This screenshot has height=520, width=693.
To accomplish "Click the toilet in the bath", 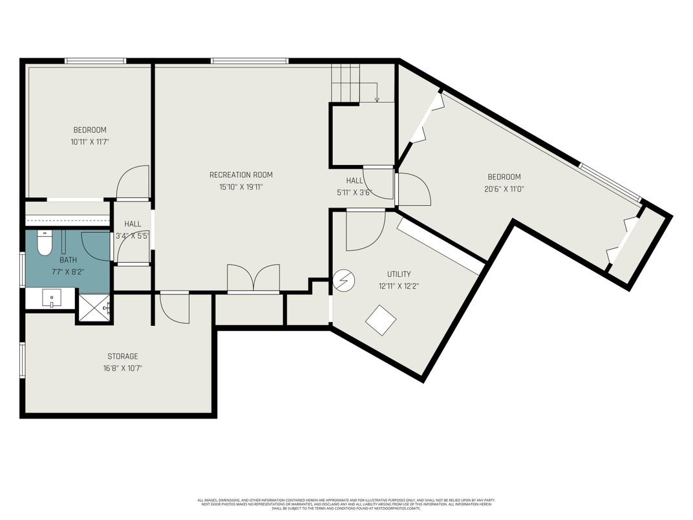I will (x=44, y=244).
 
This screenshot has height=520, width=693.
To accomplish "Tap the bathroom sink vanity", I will (x=51, y=299).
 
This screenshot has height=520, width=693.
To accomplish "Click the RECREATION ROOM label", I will (x=240, y=175).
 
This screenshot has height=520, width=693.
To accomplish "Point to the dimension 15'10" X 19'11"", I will (x=240, y=187).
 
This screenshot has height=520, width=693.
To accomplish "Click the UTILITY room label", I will (x=398, y=274).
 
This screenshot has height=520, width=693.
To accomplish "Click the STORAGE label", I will (x=122, y=356).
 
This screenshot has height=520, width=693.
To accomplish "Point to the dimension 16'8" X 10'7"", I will (x=122, y=368).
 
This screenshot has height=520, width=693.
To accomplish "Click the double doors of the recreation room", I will (x=253, y=279).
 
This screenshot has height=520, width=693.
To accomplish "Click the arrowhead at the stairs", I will (x=377, y=100).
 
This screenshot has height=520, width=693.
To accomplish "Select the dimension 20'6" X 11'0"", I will (x=504, y=189).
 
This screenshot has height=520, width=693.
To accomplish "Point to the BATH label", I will (x=68, y=260).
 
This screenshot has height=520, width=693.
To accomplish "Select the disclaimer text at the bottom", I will (x=346, y=504).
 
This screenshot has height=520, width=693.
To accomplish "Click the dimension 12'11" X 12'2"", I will (x=398, y=286).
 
